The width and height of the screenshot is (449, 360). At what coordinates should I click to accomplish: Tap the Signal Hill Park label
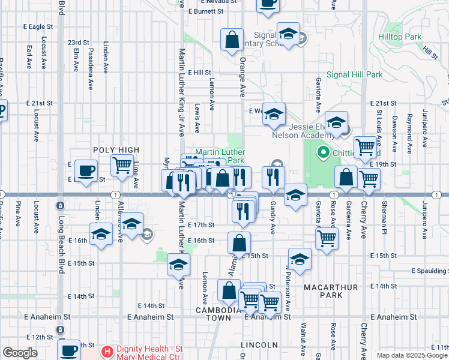tap(354, 75)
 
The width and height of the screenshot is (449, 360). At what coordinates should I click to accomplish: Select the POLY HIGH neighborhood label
tap(116, 150)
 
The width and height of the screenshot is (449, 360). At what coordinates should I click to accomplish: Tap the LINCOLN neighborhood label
tap(259, 345)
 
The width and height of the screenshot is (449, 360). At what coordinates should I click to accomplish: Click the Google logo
tap(20, 353)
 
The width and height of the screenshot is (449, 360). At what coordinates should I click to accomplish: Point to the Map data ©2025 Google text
tap(412, 355)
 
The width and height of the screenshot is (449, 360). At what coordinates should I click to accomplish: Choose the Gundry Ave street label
tap(273, 219)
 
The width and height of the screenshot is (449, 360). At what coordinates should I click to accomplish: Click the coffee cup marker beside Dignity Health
tap(69, 349)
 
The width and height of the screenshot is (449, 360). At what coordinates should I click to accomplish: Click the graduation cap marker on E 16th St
tap(101, 235)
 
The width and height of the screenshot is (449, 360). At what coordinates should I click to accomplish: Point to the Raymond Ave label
tap(409, 127)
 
